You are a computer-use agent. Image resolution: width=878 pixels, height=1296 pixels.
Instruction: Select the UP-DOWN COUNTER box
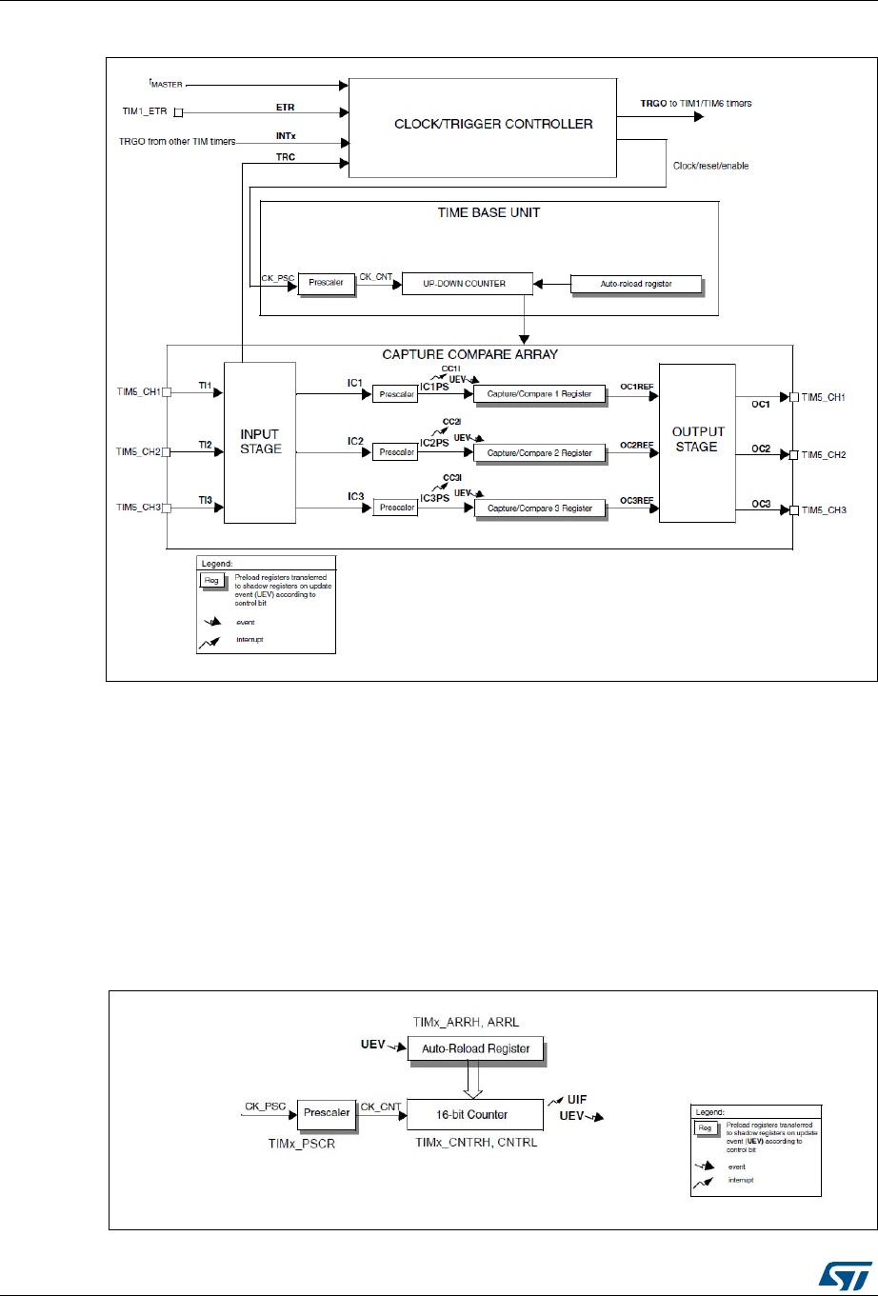point(465,284)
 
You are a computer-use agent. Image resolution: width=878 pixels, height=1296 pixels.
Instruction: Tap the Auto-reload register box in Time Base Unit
point(635,284)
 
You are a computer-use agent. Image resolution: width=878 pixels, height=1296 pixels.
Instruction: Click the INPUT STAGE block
point(260,443)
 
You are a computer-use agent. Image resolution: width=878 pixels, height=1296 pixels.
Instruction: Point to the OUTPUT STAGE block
point(696,443)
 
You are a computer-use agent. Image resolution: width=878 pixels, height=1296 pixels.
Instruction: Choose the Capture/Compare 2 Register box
point(540,452)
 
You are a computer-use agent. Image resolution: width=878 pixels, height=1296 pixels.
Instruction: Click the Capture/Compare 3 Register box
point(540,508)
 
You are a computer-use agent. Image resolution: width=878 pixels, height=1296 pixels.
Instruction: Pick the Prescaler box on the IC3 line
point(394,508)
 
